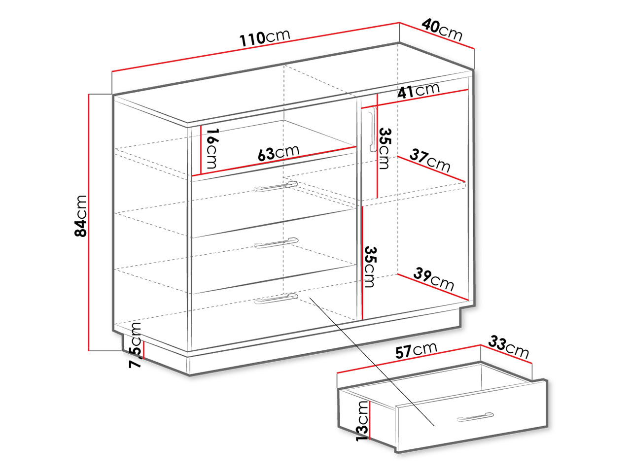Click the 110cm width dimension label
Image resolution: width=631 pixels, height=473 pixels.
tap(265, 37)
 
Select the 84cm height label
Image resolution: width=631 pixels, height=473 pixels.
tap(80, 216)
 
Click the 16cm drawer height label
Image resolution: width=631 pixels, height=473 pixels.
tap(212, 148)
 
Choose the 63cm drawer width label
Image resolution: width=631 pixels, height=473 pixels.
tap(278, 152)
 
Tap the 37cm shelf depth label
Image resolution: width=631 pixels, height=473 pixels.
tap(430, 161)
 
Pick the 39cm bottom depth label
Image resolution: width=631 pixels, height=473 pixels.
tap(434, 279)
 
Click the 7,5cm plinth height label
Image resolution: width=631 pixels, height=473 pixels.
tap(135, 345)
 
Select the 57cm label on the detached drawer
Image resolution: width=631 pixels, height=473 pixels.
tap(416, 350)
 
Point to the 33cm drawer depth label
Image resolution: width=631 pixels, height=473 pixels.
tap(509, 347)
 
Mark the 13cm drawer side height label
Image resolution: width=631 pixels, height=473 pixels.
tap(362, 421)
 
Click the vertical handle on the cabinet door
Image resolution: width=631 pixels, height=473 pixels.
tap(372, 129)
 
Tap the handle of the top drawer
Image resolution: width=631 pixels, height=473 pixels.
tap(276, 186)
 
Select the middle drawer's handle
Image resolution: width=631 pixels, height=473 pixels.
tap(276, 243)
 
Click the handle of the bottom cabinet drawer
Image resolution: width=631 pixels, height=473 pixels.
tap(276, 299)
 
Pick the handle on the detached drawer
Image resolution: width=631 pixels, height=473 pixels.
tap(475, 417)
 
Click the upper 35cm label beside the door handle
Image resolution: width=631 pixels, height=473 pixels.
tap(385, 148)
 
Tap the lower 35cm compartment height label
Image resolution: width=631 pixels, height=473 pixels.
tap(370, 267)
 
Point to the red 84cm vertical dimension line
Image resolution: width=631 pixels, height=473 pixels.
tap(89, 223)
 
